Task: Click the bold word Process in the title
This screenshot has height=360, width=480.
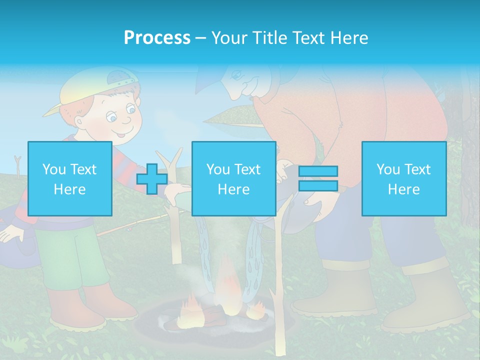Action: coord(157,38)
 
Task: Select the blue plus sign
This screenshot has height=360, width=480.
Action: coord(152,178)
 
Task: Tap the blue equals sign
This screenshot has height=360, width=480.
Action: coord(318,178)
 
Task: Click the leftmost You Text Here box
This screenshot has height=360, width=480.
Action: coord(69,178)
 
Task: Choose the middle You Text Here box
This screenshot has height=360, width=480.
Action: coord(233,178)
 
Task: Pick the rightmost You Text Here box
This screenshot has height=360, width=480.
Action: coord(403,178)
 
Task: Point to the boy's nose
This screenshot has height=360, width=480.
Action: coord(126,120)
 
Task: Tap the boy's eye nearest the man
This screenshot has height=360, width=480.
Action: coord(130,108)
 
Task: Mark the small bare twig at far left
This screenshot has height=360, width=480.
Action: coord(18,165)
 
